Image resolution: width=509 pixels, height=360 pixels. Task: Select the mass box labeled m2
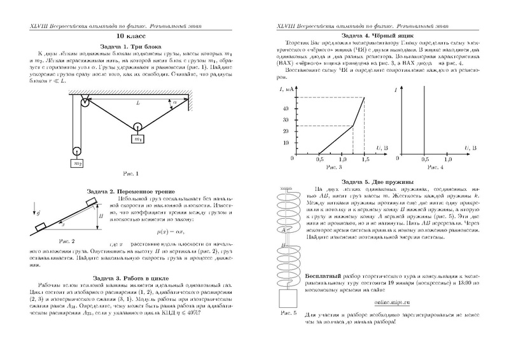[x=77, y=163]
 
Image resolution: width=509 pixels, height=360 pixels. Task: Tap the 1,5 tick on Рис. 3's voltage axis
[x=365, y=160]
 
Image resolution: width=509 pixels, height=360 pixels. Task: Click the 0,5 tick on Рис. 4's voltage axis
[x=424, y=160]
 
